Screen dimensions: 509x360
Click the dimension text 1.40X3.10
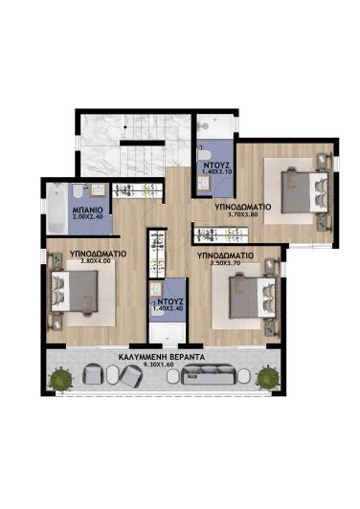[214, 173]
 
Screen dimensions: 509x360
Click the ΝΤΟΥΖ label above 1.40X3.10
[214, 165]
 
